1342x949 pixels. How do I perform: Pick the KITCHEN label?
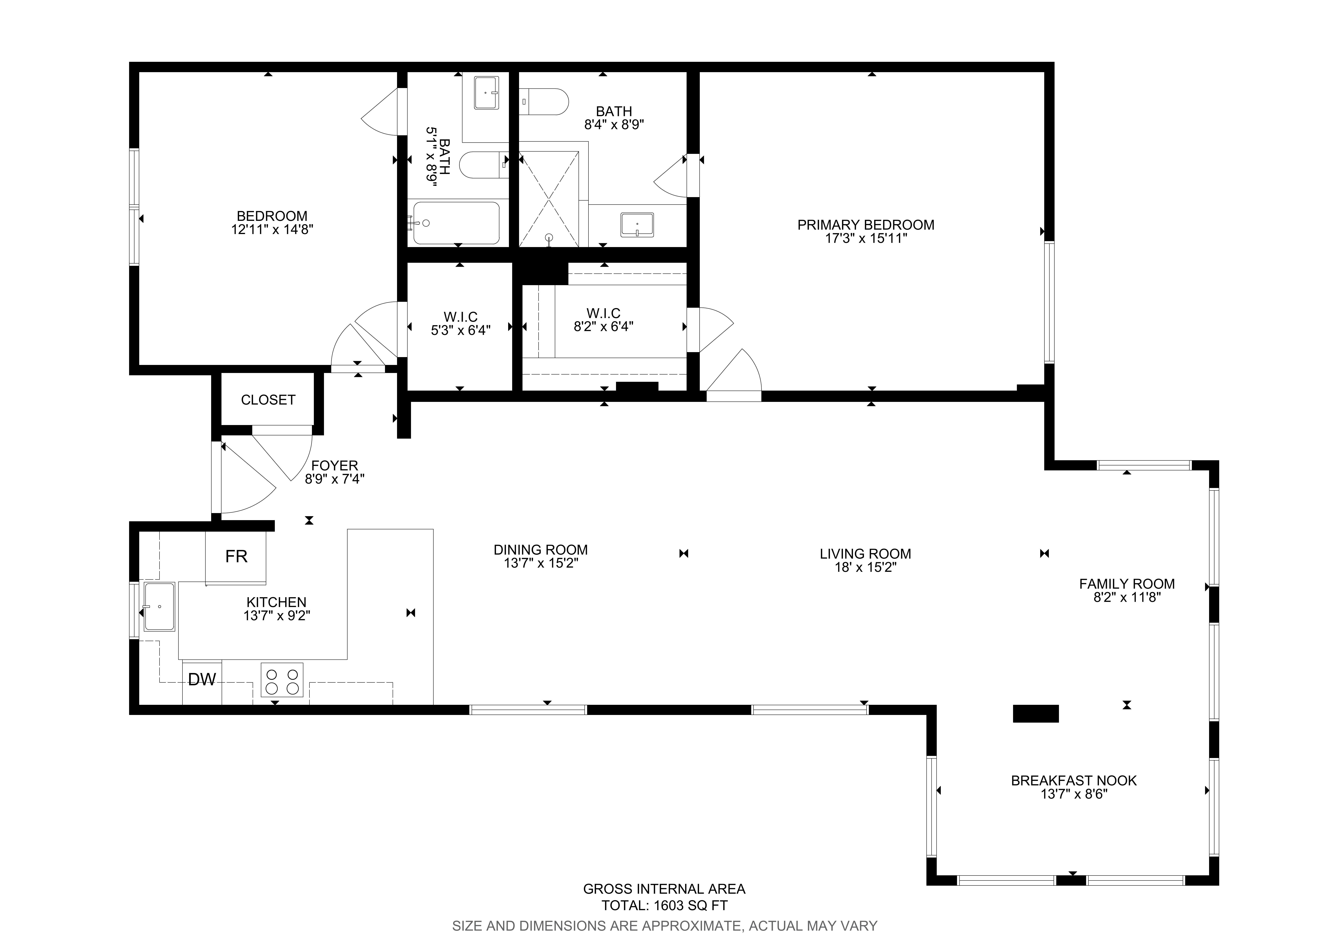(277, 602)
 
